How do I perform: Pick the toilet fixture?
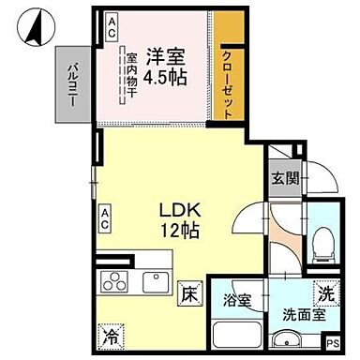322,245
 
